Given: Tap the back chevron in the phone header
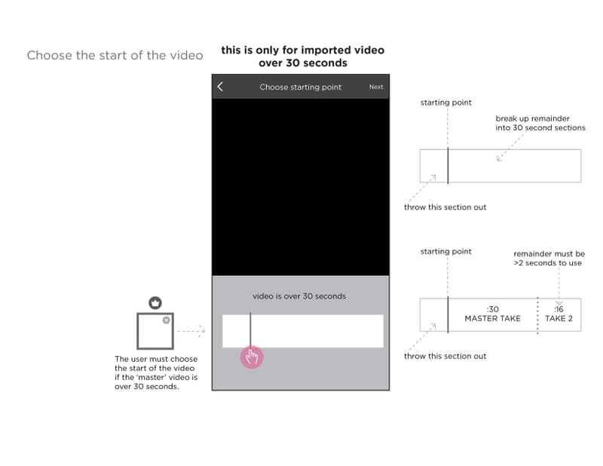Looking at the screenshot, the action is pos(220,87).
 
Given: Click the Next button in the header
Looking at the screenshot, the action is pos(375,87).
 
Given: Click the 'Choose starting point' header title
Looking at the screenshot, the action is pos(300,87).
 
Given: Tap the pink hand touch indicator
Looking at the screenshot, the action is pos(252,357).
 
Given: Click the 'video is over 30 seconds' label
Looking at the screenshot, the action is pos(299,296).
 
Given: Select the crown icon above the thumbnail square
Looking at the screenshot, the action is pos(155,303).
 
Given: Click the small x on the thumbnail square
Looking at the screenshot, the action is pos(166,320).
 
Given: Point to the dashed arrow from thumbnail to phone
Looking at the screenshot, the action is pos(191,331).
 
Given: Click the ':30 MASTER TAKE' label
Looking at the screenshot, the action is pos(493,314).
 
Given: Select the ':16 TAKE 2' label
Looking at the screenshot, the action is pos(559,314).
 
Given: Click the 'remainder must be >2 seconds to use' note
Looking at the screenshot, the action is pos(549,259).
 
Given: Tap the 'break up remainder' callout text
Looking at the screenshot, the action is pos(540,123).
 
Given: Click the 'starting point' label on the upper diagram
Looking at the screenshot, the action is pos(445,103).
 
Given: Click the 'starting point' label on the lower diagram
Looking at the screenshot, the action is pos(445,251).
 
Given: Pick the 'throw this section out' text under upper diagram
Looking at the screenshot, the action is pos(445,207).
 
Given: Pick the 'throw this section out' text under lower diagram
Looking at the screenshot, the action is pos(445,356).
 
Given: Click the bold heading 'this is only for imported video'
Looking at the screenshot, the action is pos(303,50).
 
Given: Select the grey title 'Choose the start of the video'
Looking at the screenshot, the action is pos(115,55).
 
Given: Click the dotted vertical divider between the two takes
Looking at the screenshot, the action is pos(537,315).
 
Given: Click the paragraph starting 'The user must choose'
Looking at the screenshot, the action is pos(156,372).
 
